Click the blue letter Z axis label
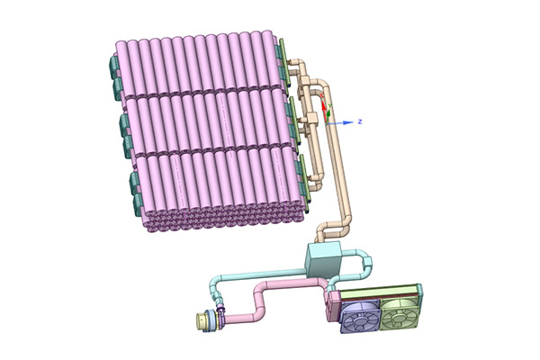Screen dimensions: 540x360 click(x=360, y=121)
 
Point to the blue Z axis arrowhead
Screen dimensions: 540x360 click(x=349, y=122)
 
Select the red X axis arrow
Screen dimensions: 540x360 click(x=323, y=107)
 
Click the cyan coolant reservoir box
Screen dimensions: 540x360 click(x=323, y=260)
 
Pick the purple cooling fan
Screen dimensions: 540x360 click(x=360, y=316)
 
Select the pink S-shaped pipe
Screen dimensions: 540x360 click(x=272, y=299)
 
